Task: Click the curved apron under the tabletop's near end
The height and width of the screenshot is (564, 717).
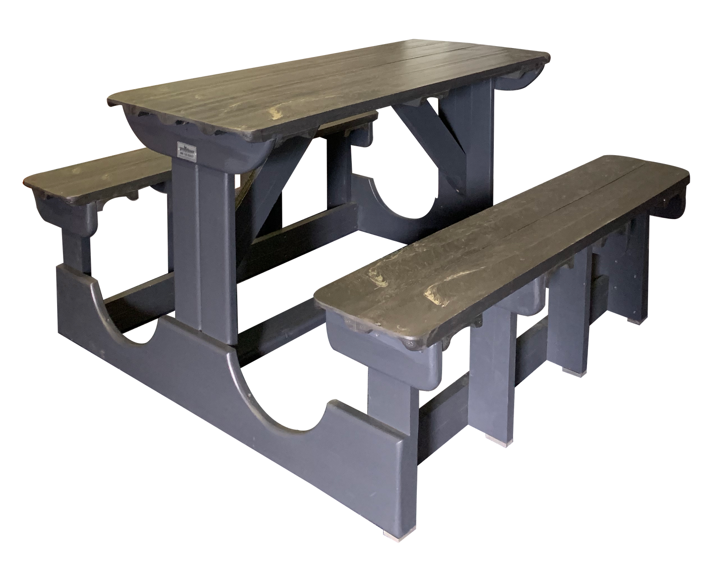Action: [x=208, y=149]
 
